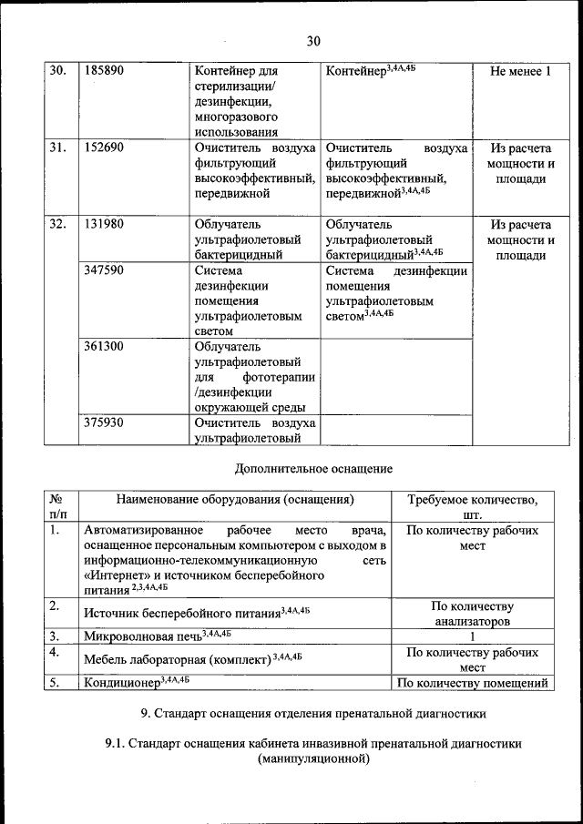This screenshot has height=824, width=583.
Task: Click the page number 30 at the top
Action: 314,41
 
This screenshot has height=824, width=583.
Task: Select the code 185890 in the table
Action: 103,71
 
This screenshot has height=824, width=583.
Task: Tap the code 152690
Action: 103,148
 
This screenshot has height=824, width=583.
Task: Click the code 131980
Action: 103,224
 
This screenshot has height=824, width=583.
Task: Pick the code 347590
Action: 103,270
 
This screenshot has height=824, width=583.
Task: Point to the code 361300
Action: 103,346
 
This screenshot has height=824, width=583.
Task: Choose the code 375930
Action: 103,422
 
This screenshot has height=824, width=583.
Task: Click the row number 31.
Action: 57,148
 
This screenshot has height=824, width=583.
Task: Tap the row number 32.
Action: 57,224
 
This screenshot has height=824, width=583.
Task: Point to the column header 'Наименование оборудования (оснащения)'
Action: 234,499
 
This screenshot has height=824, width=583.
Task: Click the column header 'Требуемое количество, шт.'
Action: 472,506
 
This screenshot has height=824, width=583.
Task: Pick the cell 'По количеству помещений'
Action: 472,683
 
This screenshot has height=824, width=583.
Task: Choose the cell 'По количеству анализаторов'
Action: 472,614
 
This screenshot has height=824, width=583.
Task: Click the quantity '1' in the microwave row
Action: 472,636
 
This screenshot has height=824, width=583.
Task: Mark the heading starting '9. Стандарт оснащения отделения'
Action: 313,712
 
